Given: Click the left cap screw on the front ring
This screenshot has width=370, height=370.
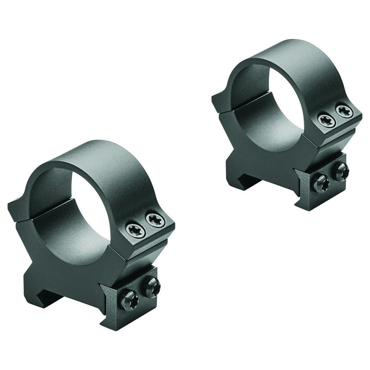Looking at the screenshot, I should (134, 230).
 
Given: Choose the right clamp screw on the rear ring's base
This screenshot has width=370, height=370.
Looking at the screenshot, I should (341, 172).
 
